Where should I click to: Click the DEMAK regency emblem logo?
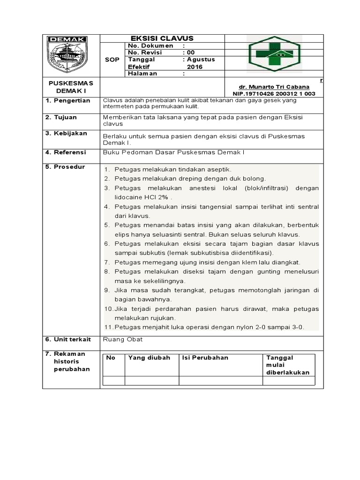[x=67, y=54]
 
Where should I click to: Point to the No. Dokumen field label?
[x=150, y=46]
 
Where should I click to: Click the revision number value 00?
[x=191, y=53]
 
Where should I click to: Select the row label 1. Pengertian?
[x=67, y=101]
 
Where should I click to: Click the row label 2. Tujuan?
[x=61, y=117]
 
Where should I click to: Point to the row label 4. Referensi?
[x=66, y=152]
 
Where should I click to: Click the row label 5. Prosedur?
[x=65, y=167]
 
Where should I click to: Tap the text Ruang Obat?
[x=123, y=339]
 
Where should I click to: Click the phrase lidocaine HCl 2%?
[x=141, y=197]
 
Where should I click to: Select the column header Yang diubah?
[x=146, y=358]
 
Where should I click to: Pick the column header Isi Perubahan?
[x=205, y=358]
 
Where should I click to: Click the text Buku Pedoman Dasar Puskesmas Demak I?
[x=173, y=152]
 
